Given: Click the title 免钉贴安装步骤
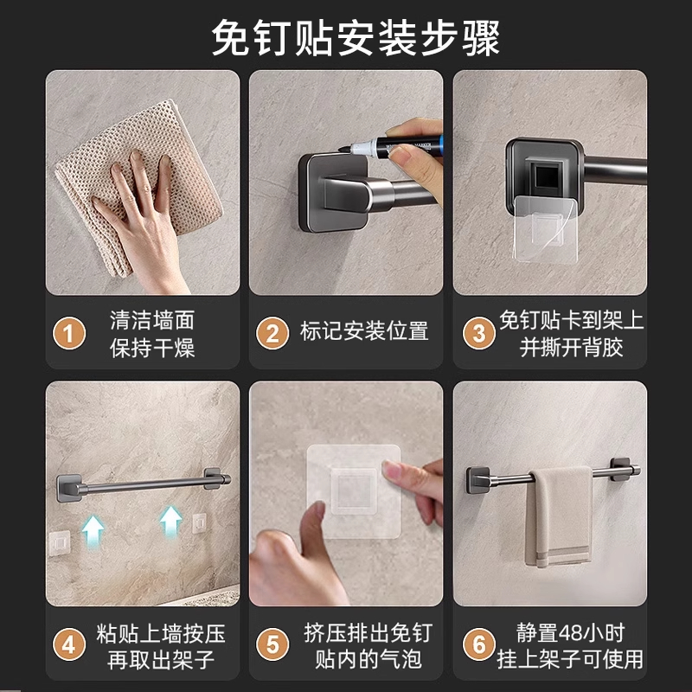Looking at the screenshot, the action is tap(356, 38).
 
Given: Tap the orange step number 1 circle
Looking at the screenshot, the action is tap(69, 333).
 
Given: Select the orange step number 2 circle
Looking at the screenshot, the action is tap(272, 333).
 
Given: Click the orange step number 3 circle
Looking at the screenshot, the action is tap(479, 333).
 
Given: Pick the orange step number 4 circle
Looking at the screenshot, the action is tap(69, 644).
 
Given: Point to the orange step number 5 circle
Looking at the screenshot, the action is tap(272, 644).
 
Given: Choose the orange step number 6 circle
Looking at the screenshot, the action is tap(479, 644).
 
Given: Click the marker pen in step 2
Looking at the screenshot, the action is tap(391, 146).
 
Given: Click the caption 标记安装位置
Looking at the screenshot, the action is tap(364, 331).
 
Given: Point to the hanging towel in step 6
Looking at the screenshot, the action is tap(559, 516).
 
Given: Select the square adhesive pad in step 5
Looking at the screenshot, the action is tap(354, 491).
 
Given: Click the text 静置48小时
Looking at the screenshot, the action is tap(570, 633).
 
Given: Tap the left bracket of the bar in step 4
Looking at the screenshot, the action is tap(69, 488).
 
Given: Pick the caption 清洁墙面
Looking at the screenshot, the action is tap(152, 320).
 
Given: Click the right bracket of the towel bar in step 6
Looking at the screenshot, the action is tap(621, 469).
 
